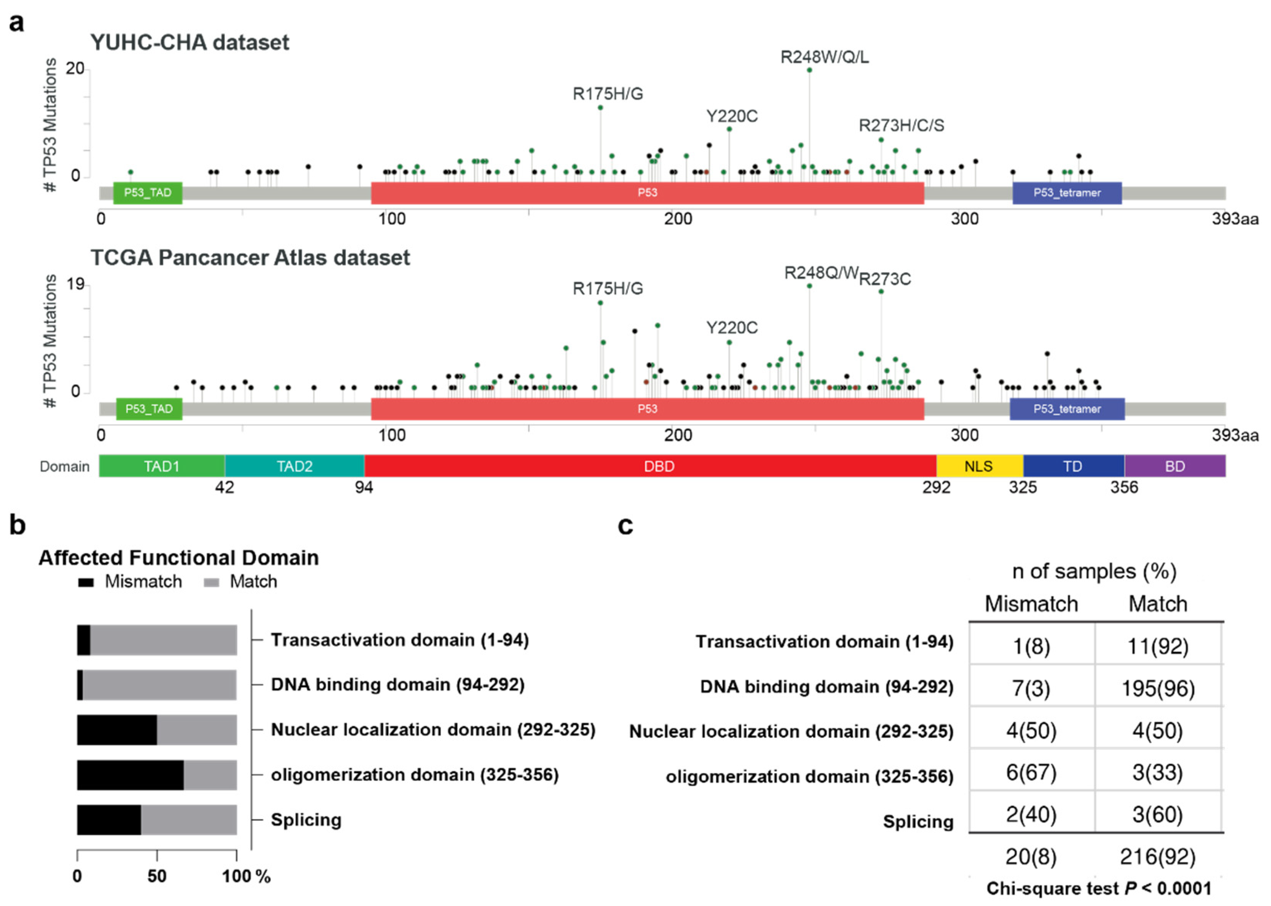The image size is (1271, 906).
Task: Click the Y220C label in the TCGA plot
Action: click(x=732, y=328)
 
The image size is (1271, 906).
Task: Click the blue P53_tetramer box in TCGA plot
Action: click(x=1066, y=409)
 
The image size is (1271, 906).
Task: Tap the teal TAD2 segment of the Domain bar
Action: click(x=295, y=466)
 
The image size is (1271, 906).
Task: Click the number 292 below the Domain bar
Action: click(x=936, y=488)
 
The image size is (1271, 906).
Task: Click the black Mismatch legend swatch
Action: click(x=85, y=582)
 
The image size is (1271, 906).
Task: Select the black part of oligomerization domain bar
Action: click(x=130, y=775)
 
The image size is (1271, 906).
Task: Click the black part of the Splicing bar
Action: click(x=109, y=819)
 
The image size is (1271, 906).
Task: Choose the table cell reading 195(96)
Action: click(x=1158, y=688)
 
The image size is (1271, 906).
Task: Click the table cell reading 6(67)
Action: click(x=1031, y=773)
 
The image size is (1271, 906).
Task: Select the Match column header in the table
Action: click(x=1158, y=604)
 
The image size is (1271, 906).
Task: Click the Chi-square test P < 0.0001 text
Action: click(x=1099, y=888)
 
